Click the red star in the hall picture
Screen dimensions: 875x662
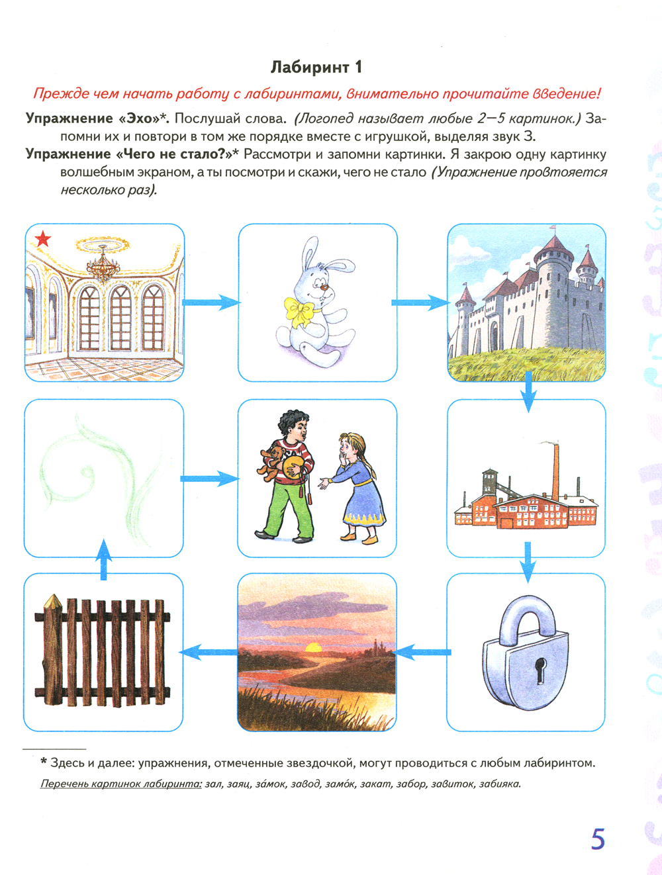tap(43, 239)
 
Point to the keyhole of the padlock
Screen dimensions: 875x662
tap(541, 670)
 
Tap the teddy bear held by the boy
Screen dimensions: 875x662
tap(273, 462)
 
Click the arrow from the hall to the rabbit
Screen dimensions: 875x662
tap(211, 302)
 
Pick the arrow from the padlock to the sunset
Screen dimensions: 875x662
tap(422, 653)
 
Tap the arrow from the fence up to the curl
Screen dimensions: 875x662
tap(103, 560)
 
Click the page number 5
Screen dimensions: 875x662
tap(598, 839)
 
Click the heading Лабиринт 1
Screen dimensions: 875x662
tap(316, 67)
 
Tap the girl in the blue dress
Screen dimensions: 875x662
tap(358, 486)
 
